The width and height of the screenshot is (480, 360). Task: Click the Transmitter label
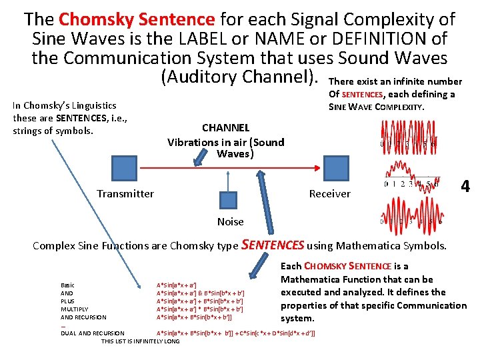(125, 194)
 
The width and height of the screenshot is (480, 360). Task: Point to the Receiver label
(329, 194)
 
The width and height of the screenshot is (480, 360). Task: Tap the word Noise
(231, 221)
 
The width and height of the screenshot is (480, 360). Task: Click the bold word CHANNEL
(225, 127)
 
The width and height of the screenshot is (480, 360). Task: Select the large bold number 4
(465, 187)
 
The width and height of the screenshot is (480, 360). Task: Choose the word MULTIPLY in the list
(74, 310)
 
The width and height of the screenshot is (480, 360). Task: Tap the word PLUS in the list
(67, 301)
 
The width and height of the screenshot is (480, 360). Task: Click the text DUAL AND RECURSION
(92, 333)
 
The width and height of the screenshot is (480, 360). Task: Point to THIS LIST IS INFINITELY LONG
(140, 341)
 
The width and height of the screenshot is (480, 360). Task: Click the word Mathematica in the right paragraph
(311, 279)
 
